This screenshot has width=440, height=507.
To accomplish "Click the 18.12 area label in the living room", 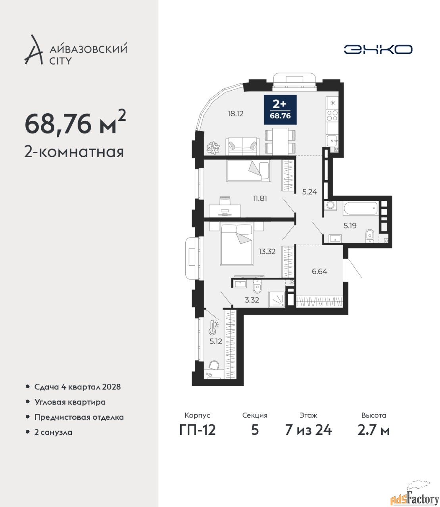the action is (x=235, y=114).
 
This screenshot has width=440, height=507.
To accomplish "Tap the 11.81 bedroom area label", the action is (x=260, y=198).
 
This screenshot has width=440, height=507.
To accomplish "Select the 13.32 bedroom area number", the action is (x=267, y=252).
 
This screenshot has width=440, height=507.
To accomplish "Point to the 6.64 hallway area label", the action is (x=319, y=272).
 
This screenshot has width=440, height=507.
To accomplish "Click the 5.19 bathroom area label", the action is (x=350, y=225).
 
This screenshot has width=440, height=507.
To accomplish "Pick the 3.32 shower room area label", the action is (x=252, y=300).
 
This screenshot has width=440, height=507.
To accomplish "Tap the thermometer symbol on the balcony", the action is (x=213, y=328).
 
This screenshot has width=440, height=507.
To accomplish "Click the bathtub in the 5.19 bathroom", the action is (x=361, y=208).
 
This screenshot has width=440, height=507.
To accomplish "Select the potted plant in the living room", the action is (x=213, y=148).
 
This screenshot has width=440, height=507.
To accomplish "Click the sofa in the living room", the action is (x=242, y=146).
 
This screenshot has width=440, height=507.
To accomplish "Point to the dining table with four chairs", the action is (x=280, y=141).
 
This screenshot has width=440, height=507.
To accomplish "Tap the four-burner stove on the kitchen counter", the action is (x=332, y=115).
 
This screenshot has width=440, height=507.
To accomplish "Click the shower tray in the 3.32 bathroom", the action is (x=277, y=299).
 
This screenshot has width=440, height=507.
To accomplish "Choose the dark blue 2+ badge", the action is (x=280, y=110).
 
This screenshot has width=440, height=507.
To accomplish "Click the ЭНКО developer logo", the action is (x=378, y=49).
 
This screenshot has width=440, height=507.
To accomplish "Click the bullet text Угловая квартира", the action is (x=70, y=402).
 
